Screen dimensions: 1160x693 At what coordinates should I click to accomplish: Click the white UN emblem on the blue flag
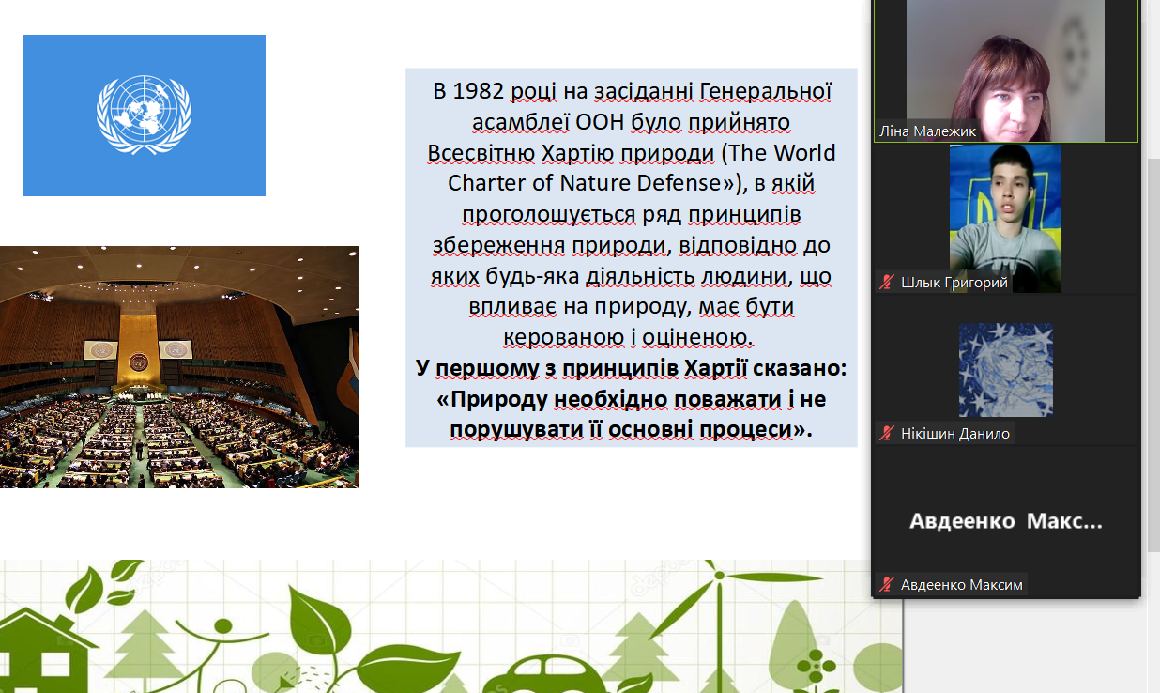coord(144,115)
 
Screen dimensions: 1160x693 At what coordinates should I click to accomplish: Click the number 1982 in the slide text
coord(478,91)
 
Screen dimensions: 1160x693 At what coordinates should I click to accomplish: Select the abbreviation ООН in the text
coord(600,122)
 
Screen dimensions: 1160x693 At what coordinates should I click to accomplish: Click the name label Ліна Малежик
coord(927,131)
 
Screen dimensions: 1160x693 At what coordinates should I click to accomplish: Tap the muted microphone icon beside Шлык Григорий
coord(887,282)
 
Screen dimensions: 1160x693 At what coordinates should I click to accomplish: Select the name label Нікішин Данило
coord(954,433)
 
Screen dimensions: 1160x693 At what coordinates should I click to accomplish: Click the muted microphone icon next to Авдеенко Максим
coord(887,584)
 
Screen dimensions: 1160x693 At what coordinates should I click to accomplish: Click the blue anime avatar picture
coord(1006,370)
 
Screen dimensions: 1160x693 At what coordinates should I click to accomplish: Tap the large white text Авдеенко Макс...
coord(1006,521)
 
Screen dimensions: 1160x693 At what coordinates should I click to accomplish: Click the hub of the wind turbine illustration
coord(719,576)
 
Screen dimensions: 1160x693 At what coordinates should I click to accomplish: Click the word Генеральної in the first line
coord(766,91)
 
